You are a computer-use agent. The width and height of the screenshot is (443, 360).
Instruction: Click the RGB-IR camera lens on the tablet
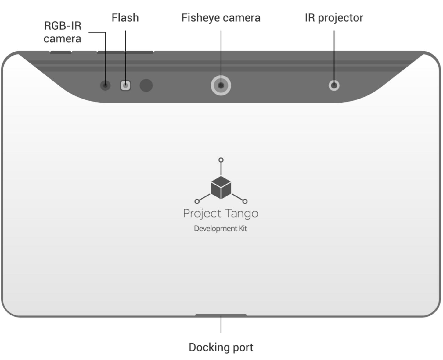pos(105,85)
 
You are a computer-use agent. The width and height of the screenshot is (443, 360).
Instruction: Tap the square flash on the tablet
pos(125,85)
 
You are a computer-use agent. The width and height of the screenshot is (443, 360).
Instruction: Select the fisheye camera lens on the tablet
pos(221,85)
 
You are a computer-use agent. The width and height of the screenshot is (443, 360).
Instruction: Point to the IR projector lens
pos(334,85)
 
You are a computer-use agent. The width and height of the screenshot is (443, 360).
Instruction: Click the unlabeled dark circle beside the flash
pos(146,85)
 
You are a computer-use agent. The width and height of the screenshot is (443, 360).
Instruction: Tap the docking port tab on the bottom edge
pos(221,315)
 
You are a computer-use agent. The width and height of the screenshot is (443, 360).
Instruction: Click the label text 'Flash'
pos(125,18)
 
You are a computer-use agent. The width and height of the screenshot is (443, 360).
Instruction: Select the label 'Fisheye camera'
pos(221,18)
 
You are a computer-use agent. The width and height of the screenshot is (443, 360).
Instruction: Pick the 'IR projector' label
pos(334,18)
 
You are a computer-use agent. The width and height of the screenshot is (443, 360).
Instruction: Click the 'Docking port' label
pos(221,347)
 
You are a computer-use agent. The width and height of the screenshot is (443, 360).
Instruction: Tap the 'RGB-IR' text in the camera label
pos(63,26)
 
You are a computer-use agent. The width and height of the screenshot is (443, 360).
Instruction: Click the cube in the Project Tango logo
pos(221,188)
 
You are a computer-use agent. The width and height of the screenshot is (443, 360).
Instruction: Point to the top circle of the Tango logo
pos(221,160)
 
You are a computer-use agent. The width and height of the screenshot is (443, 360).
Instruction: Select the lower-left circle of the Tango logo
pos(197,201)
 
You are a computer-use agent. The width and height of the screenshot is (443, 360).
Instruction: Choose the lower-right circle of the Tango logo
pos(245,201)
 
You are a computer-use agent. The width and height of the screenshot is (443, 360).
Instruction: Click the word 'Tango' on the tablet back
pos(242,214)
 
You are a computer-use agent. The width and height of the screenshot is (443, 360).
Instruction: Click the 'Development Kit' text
pos(221,229)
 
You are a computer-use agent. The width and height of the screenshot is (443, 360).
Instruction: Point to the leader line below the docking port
pos(221,324)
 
